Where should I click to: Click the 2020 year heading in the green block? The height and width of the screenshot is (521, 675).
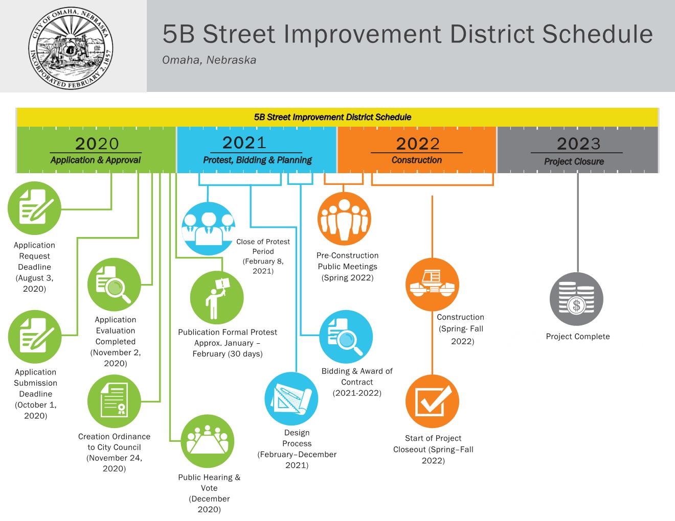click(x=96, y=144)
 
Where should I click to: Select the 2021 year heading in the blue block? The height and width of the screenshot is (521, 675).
click(x=244, y=142)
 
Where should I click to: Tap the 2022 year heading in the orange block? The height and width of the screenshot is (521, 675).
click(x=417, y=144)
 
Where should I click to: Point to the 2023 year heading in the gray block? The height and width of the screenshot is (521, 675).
click(x=578, y=144)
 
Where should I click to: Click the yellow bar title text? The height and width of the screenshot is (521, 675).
click(x=332, y=117)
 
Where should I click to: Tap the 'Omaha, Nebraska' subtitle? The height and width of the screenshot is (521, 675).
click(x=209, y=60)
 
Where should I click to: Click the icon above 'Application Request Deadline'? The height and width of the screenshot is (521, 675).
click(x=34, y=208)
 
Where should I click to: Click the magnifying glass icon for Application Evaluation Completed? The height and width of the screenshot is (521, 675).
click(x=115, y=285)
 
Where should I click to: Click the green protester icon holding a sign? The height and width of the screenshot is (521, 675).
click(x=217, y=298)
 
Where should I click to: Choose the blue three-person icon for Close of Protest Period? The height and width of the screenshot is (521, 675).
click(x=208, y=228)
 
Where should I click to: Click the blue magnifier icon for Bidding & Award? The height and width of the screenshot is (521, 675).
click(x=346, y=337)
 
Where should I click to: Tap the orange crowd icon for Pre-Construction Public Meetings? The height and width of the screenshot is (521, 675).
click(x=344, y=219)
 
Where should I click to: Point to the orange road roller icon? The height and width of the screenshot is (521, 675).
click(x=432, y=285)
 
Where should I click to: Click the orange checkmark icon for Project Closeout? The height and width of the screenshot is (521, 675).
click(x=432, y=401)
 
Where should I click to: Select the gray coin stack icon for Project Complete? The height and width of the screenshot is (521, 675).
click(x=577, y=300)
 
